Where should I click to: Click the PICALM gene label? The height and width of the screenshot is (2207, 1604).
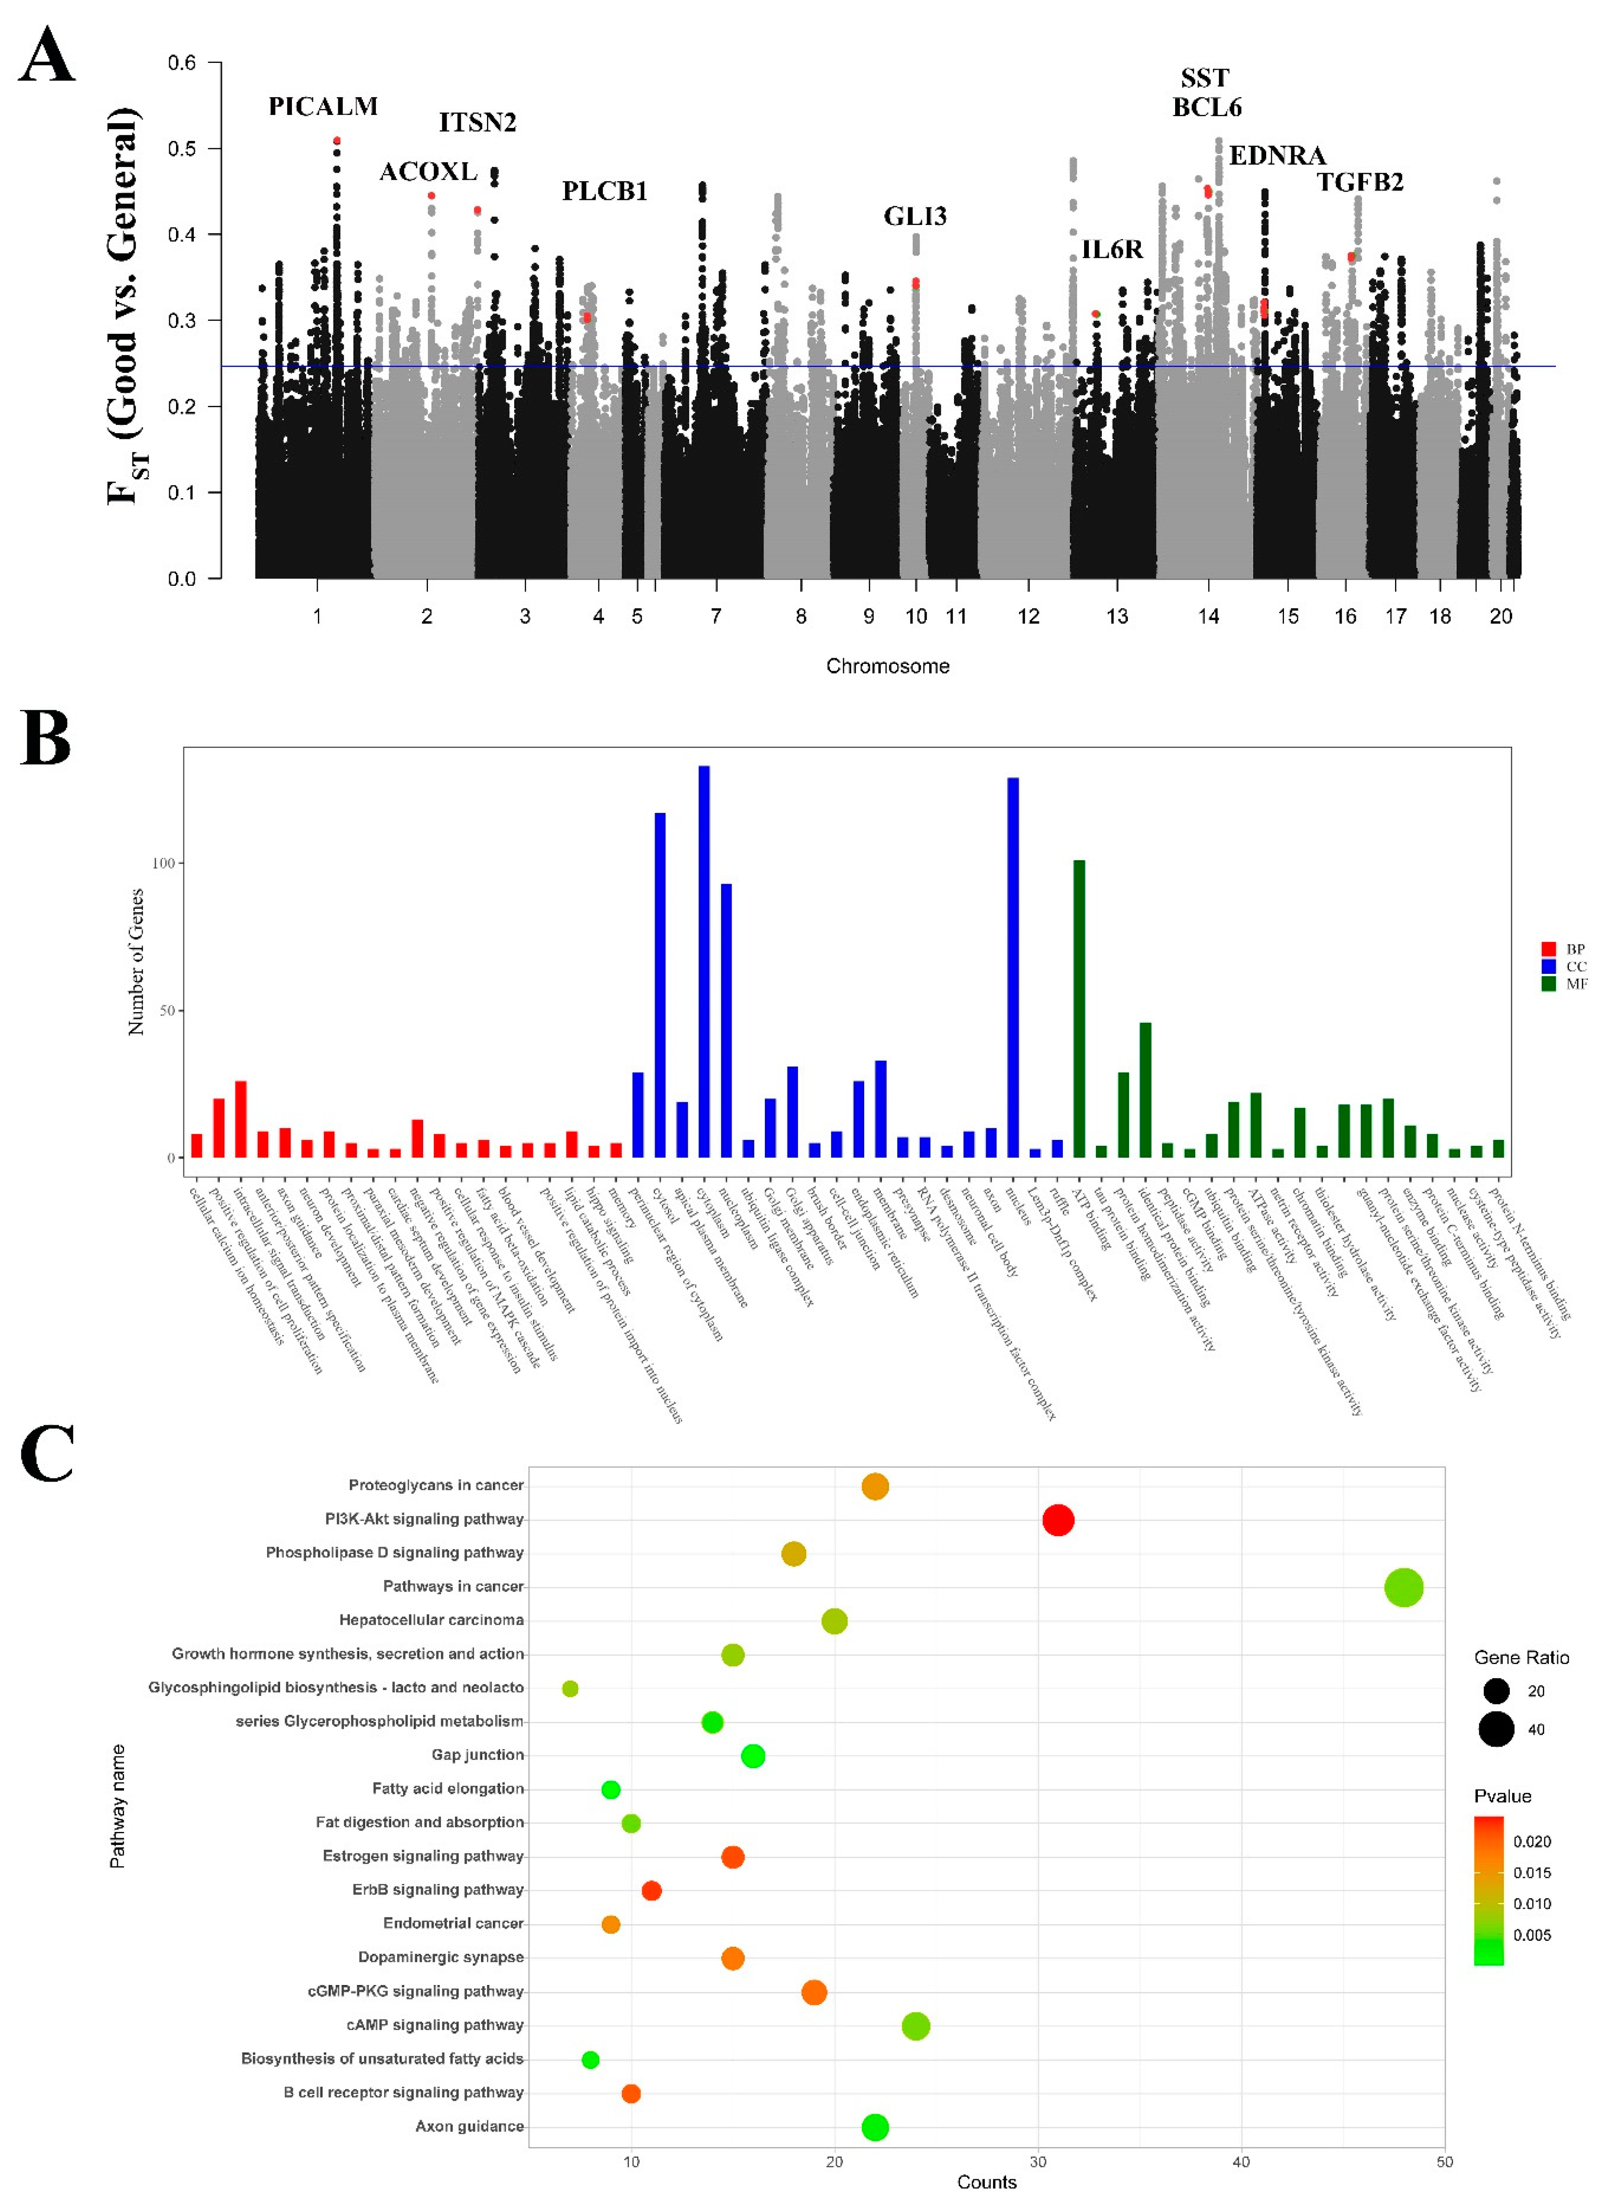click(323, 106)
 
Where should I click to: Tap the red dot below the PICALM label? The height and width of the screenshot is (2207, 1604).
click(337, 141)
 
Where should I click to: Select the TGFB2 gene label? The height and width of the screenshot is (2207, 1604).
click(1360, 182)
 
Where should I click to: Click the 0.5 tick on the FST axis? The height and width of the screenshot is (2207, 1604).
click(182, 149)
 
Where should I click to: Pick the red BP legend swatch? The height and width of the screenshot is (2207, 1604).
click(1548, 949)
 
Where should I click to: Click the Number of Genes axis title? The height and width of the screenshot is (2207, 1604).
click(136, 961)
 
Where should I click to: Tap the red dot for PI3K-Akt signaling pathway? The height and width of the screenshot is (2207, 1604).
click(1058, 1520)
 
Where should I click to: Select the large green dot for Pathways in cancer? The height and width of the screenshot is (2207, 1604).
click(1404, 1588)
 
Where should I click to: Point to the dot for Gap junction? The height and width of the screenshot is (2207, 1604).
click(752, 1756)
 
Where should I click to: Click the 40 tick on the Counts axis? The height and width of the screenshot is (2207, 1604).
click(1241, 2162)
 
